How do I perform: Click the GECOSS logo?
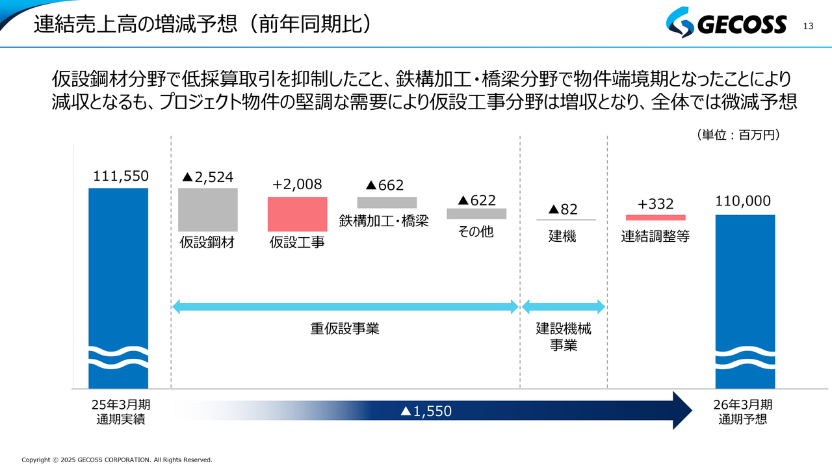(x=726, y=25)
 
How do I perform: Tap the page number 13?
(x=809, y=26)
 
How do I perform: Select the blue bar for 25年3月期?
(x=118, y=273)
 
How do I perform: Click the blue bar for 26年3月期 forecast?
(x=745, y=286)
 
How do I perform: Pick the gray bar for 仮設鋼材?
(x=208, y=209)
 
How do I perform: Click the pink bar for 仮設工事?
(x=297, y=214)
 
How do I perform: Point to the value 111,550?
(x=121, y=176)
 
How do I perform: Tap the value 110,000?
(x=743, y=201)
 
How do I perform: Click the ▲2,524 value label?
(x=207, y=177)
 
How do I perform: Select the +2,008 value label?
(x=297, y=185)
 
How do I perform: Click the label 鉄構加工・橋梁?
(x=384, y=220)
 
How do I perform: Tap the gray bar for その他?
(x=476, y=213)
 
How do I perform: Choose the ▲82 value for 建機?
(x=563, y=209)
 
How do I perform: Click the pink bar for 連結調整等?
(x=655, y=218)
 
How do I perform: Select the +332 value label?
(x=655, y=204)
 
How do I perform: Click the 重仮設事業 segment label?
(x=344, y=329)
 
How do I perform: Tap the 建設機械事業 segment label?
(x=564, y=337)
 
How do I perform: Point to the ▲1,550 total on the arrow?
(x=426, y=411)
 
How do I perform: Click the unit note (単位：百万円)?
(x=738, y=135)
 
